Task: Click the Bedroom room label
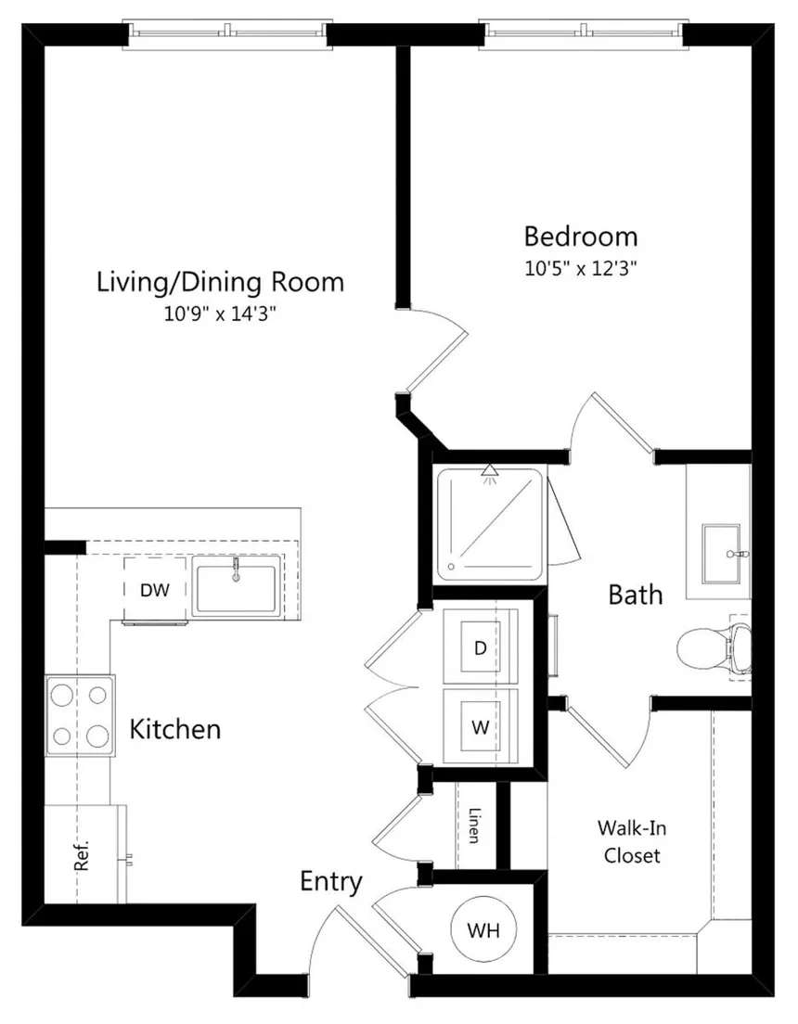pos(580,237)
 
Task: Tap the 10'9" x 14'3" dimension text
pos(220,314)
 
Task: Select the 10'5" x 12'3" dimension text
pos(580,268)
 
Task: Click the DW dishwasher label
pos(155,590)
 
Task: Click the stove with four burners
pos(80,716)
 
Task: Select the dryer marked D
pos(481,647)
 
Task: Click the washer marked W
pos(481,726)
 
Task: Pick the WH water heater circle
pos(483,929)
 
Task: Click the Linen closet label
pos(475,826)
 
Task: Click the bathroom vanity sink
pos(722,554)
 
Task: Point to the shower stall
pos(489,525)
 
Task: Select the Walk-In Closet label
pos(631,842)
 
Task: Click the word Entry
pos(330,882)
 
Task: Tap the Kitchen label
pos(175,729)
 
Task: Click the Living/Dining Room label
pos(220,282)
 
